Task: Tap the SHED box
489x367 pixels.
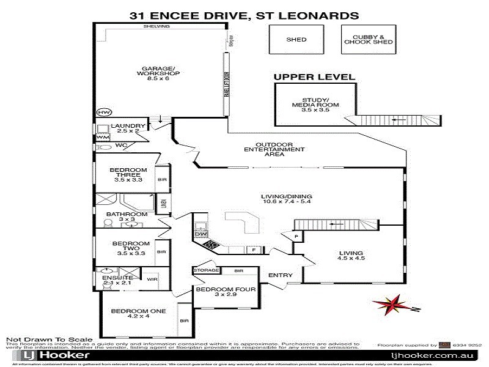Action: [x=296, y=40]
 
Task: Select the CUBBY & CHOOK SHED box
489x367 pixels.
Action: [x=368, y=40]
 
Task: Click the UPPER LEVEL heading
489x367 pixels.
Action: [x=314, y=77]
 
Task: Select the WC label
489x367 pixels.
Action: [x=120, y=146]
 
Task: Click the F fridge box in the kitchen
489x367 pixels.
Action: [x=253, y=250]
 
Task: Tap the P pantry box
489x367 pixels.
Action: [x=296, y=236]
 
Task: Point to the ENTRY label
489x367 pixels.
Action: [x=280, y=275]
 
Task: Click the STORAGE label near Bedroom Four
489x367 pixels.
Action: [x=205, y=270]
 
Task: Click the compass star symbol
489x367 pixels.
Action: [x=389, y=304]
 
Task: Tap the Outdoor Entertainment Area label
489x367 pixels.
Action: [x=274, y=149]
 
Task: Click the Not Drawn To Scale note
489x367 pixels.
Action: [x=49, y=339]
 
